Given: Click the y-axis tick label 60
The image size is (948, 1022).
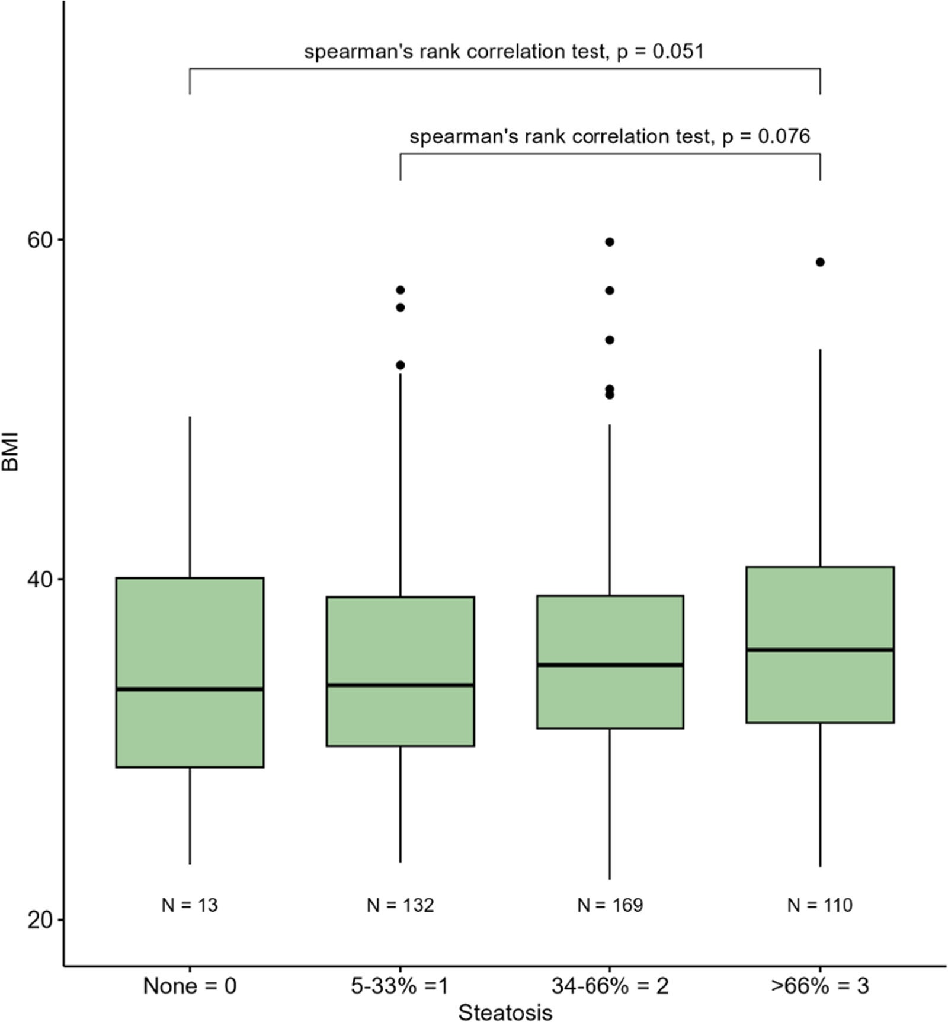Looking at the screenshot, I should point(40,240).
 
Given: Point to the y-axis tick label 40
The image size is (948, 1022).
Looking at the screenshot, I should point(40,579).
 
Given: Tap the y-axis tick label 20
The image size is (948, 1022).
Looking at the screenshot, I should point(40,919).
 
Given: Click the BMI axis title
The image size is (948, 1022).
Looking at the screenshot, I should point(11,452).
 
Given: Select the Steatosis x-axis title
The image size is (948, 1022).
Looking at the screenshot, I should point(505,1012).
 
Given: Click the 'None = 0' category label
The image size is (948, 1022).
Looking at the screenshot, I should point(190,986).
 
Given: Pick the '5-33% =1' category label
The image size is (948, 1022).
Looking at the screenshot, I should point(400,986).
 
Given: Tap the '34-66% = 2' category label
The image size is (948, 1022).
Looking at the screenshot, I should point(610,986).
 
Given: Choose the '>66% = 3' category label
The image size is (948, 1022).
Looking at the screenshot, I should point(820,986).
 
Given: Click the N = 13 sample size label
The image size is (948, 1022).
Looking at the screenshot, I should point(190,905).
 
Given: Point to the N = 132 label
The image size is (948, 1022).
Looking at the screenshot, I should point(400,905).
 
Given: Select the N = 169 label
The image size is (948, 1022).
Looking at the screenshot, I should point(610,905).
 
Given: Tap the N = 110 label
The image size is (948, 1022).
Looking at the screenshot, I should point(820,905).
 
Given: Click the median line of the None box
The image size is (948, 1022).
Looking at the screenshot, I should point(190,689).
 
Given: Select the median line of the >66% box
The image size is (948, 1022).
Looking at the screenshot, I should point(820,650).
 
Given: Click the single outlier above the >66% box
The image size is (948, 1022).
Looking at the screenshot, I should point(820,262).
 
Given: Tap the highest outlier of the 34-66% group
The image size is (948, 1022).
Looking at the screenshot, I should point(610,242).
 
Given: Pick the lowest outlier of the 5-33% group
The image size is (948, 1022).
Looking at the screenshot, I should point(401,365).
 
